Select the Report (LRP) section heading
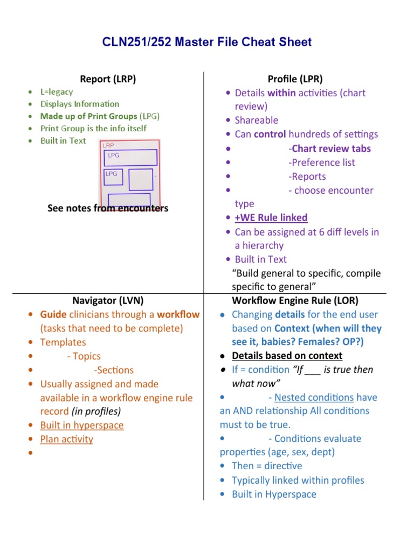coord(108,79)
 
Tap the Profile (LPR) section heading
coord(295,79)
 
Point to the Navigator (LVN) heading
coord(108,300)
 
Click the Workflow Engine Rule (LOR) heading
coord(295,300)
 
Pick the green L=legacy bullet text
coord(57,92)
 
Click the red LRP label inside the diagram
coord(108,145)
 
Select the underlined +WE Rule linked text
coord(271,217)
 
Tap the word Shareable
coord(257,120)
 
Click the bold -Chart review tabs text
coord(329,149)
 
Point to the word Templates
coord(63,342)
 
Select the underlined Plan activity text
coord(66,439)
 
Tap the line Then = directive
coord(267,466)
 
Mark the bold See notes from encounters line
coord(108,208)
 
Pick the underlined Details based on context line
coord(287,356)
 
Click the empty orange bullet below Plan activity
coord(29,454)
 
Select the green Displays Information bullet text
coord(80,104)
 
